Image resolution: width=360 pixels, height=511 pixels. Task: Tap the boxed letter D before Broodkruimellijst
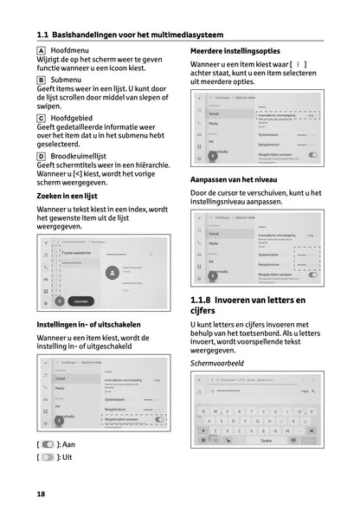[x=42, y=155]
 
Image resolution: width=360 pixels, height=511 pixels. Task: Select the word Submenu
[x=67, y=79]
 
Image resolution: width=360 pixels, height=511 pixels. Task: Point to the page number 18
[x=41, y=493]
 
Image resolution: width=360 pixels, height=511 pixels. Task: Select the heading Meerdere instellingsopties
[x=239, y=52]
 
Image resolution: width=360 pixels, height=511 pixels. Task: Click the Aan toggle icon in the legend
[x=48, y=444]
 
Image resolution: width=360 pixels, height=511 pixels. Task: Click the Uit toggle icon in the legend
[x=48, y=456]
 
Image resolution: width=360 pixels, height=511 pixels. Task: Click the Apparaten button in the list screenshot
[x=80, y=301]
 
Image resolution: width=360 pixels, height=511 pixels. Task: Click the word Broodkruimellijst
[x=87, y=155]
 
